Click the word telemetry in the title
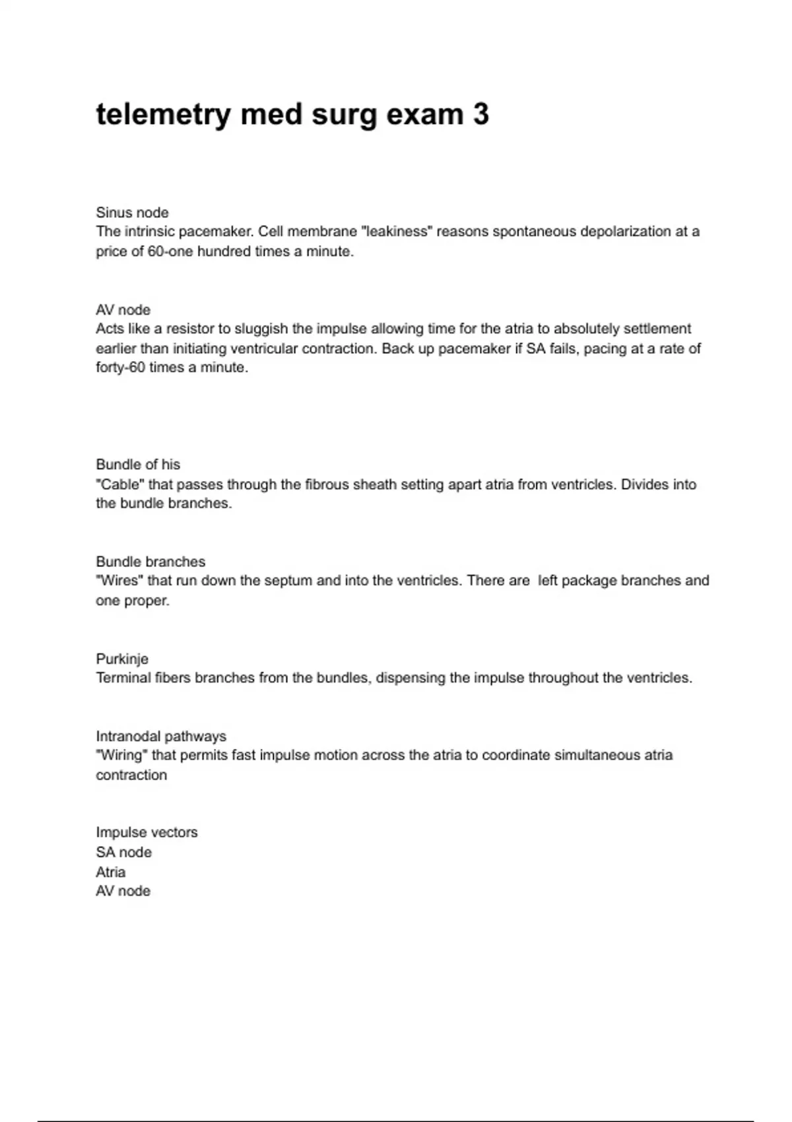[x=163, y=115]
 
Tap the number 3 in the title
[x=480, y=114]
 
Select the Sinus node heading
[x=132, y=213]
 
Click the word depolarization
[x=625, y=232]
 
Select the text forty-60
[x=120, y=368]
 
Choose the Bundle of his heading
[x=138, y=465]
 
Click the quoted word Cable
[x=120, y=484]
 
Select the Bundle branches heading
[x=150, y=562]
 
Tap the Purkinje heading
[x=122, y=659]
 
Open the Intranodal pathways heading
[x=161, y=736]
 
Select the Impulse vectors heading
[x=147, y=832]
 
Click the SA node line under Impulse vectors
[x=123, y=852]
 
